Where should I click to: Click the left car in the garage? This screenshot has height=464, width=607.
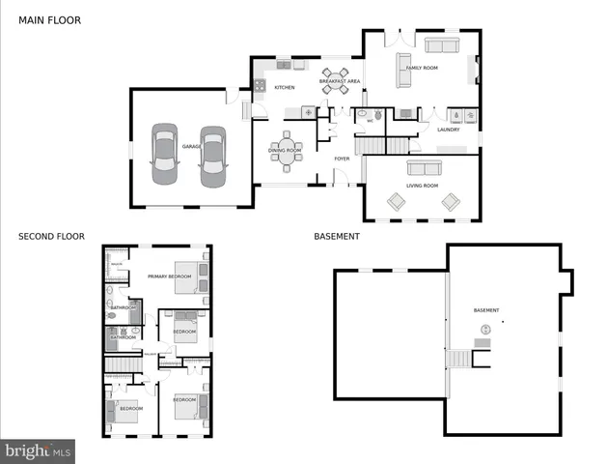click(x=165, y=154)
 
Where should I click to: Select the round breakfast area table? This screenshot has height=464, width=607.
click(x=336, y=80)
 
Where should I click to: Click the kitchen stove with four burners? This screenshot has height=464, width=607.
click(x=260, y=85)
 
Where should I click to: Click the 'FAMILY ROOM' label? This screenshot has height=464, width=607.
click(x=422, y=69)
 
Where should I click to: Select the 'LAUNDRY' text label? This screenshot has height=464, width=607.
click(x=448, y=130)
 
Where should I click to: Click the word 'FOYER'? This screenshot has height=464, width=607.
click(x=342, y=159)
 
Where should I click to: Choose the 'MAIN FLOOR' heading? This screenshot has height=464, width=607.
click(x=49, y=19)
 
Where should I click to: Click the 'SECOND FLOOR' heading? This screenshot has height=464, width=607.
click(x=51, y=236)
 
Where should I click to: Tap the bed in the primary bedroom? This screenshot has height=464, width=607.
click(x=189, y=275)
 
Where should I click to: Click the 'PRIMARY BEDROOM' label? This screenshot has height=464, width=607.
click(x=170, y=277)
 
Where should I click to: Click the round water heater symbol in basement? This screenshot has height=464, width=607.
click(x=484, y=330)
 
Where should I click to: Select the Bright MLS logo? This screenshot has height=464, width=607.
click(x=38, y=450)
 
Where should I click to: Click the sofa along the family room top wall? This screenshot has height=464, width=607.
click(x=443, y=46)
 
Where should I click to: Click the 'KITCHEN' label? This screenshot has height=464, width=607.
click(x=284, y=88)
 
